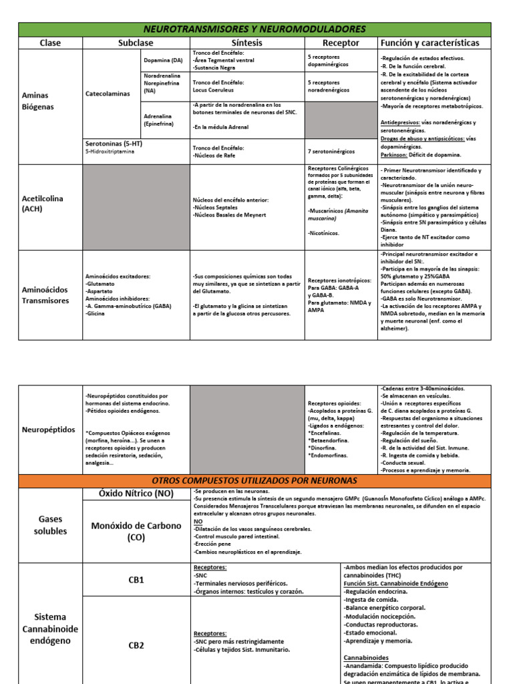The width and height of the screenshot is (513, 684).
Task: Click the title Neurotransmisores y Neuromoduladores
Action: click(x=256, y=29)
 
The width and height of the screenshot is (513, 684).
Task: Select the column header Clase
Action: click(x=49, y=43)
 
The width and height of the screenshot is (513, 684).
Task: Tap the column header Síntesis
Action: click(x=247, y=43)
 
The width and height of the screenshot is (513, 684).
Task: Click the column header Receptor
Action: click(x=341, y=43)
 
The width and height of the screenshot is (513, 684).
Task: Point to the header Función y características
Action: click(x=430, y=43)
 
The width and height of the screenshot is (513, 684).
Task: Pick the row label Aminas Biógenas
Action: click(x=37, y=101)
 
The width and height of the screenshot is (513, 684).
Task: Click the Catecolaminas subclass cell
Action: click(x=108, y=94)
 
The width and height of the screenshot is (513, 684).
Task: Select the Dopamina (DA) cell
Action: click(x=162, y=60)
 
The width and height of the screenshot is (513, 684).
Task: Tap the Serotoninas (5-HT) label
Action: click(x=114, y=144)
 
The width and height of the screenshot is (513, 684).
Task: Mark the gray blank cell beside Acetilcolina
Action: click(x=136, y=207)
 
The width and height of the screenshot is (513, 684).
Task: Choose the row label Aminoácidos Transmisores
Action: click(x=45, y=295)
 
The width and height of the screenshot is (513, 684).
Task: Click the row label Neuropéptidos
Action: click(x=49, y=430)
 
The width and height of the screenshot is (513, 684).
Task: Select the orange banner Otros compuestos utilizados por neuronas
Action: click(x=256, y=481)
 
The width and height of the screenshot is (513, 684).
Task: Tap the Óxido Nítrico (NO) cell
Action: click(x=136, y=494)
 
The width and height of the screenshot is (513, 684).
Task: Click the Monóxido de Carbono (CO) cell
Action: click(x=136, y=531)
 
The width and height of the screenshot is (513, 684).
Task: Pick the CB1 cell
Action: click(x=136, y=580)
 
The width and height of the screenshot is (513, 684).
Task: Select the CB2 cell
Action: click(x=136, y=645)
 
